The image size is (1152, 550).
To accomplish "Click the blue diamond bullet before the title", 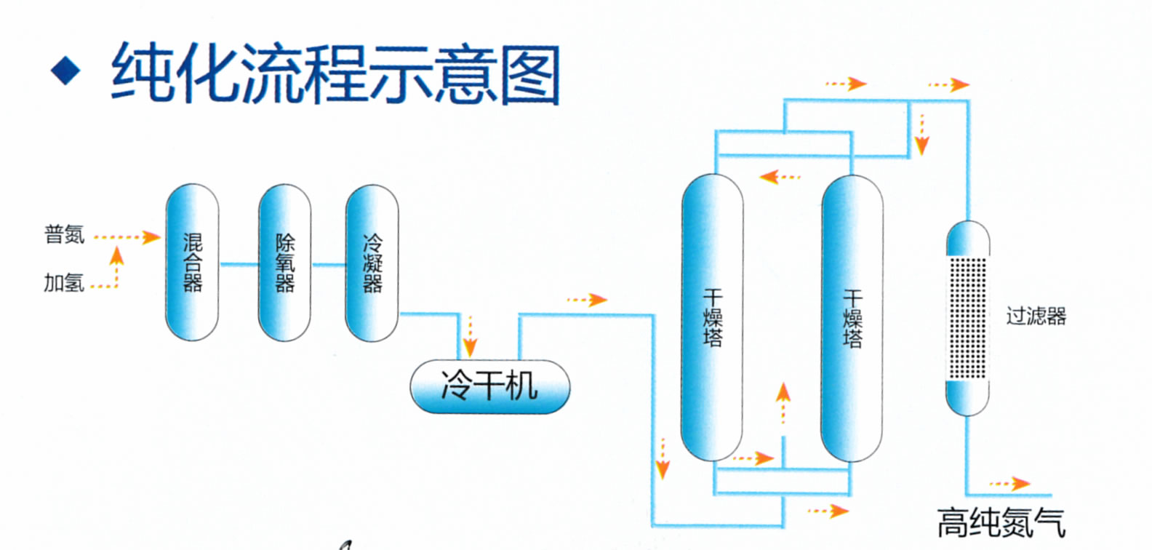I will click(65, 71).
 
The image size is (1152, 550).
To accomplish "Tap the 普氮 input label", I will click(64, 234).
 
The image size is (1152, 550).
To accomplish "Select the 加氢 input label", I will click(64, 282).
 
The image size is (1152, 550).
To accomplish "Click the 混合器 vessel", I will click(192, 262).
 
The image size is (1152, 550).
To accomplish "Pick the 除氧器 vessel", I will click(284, 262).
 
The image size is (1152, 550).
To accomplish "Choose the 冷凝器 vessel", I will click(372, 262).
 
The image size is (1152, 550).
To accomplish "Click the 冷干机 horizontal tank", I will click(489, 386).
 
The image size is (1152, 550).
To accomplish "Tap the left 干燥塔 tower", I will click(712, 317).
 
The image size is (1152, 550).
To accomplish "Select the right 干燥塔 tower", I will click(852, 317).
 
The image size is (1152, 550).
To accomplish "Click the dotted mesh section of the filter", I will click(967, 318).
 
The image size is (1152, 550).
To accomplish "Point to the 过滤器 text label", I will click(1036, 316).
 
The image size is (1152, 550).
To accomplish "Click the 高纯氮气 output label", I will click(1001, 522).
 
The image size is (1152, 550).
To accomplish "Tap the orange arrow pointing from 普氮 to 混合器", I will click(128, 236).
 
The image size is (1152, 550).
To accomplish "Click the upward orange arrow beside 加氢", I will click(116, 266).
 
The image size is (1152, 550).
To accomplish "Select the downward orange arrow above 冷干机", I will click(470, 336).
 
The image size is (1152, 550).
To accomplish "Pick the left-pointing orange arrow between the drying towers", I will click(779, 177).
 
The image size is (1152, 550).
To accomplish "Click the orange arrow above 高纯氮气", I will click(1010, 483).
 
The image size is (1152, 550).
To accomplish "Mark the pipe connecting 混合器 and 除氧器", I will click(239, 264).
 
